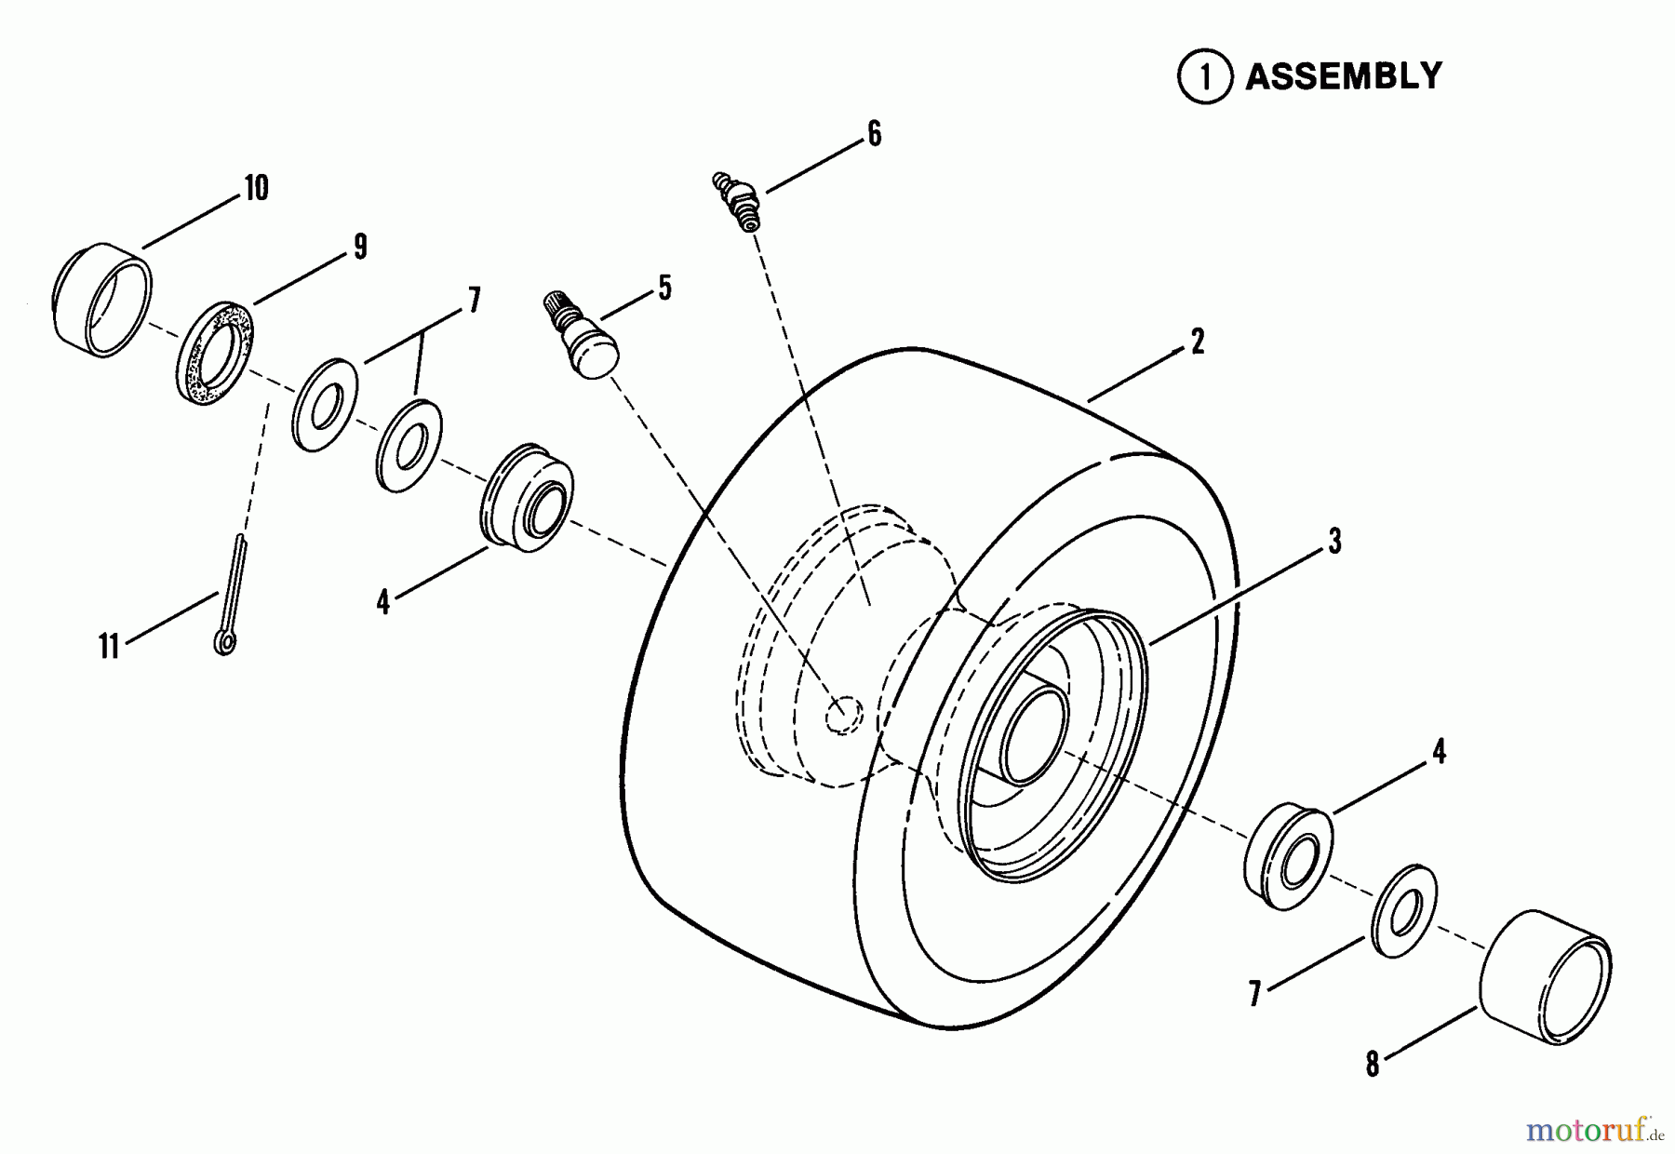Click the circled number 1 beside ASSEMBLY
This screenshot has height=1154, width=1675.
point(1205,77)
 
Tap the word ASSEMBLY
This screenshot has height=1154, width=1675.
point(1344,76)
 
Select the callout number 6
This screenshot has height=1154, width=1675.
point(874,134)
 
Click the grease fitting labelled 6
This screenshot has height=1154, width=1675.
point(737,200)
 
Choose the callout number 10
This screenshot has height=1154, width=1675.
point(257,188)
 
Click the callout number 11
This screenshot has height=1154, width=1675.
point(110,646)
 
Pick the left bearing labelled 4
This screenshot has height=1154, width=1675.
point(527,497)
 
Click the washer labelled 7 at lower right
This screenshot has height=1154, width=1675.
point(1404,909)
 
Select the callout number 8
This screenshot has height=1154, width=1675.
point(1373,1065)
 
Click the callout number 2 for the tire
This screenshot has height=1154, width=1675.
point(1198,342)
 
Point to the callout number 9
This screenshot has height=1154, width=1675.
point(360,247)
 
